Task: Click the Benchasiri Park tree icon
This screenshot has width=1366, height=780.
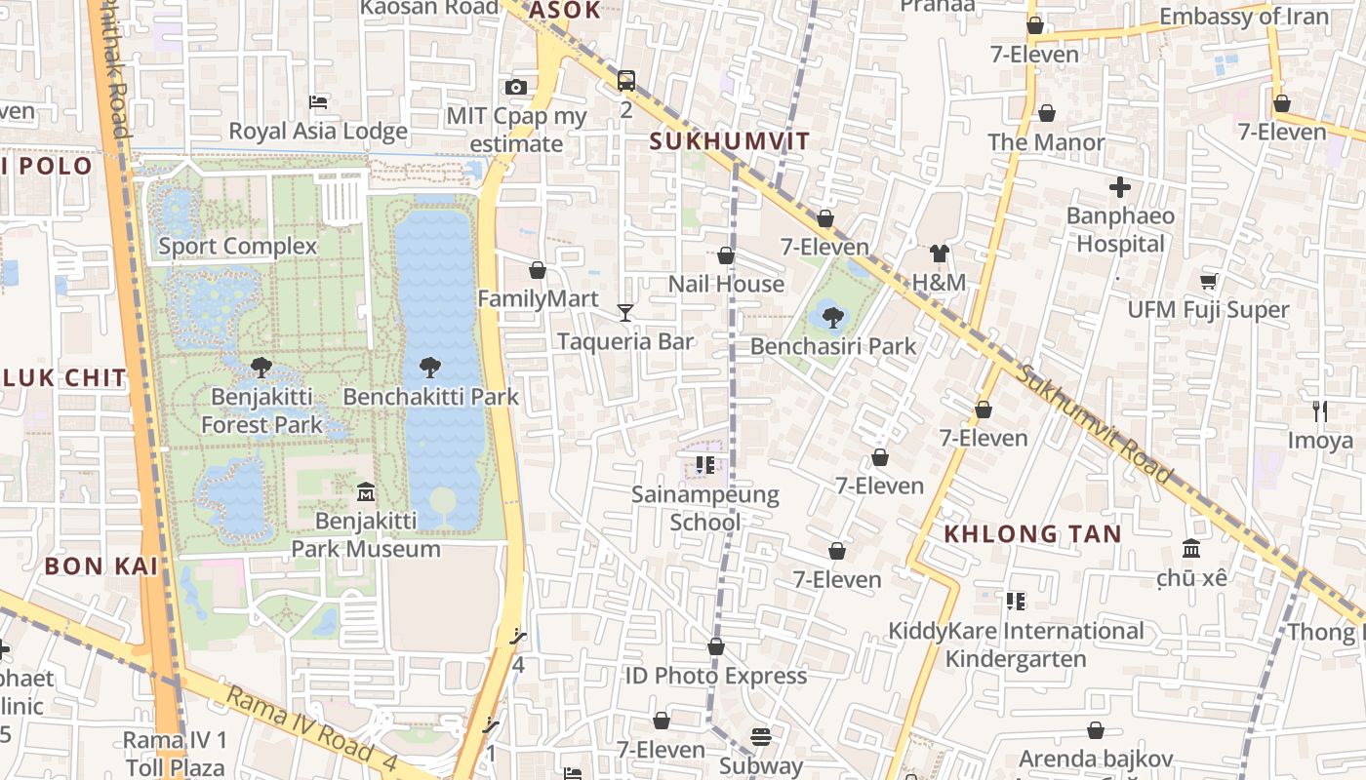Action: click(x=832, y=316)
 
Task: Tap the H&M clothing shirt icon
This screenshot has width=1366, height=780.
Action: click(x=939, y=253)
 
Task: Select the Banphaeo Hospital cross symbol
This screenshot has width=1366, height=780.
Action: click(x=1120, y=186)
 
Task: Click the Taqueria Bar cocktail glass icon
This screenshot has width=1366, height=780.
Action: click(x=625, y=312)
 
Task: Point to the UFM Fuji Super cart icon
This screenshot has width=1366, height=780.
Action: click(x=1208, y=281)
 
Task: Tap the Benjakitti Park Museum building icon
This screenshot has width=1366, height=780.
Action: click(x=366, y=491)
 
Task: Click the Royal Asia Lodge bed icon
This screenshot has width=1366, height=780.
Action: click(x=318, y=101)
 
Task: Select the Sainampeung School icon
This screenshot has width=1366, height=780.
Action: click(x=705, y=465)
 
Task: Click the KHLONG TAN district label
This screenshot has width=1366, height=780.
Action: click(x=1032, y=533)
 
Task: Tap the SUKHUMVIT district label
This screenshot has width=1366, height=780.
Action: click(x=730, y=141)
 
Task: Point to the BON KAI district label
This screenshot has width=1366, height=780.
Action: click(x=101, y=565)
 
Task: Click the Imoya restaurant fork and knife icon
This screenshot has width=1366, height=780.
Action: click(x=1320, y=410)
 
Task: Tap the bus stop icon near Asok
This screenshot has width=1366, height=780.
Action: click(x=626, y=80)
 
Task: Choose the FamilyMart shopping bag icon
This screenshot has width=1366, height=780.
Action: click(x=537, y=269)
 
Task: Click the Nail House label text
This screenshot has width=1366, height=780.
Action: click(x=726, y=284)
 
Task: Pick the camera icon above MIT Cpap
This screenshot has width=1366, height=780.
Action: click(x=516, y=87)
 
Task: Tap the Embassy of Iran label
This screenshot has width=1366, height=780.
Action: click(x=1243, y=17)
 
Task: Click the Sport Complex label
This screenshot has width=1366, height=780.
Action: click(x=238, y=246)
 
